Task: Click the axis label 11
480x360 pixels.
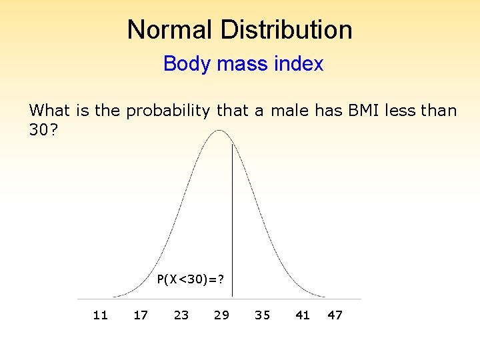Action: click(100, 315)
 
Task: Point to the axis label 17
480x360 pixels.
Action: click(141, 315)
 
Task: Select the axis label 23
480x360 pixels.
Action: click(181, 315)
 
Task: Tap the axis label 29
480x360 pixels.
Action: click(221, 315)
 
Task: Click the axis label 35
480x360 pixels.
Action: click(262, 315)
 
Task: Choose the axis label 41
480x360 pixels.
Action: click(303, 315)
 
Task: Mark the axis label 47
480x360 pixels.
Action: click(335, 315)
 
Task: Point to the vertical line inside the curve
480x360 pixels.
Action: click(231, 213)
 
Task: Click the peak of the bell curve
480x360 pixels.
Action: click(219, 131)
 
